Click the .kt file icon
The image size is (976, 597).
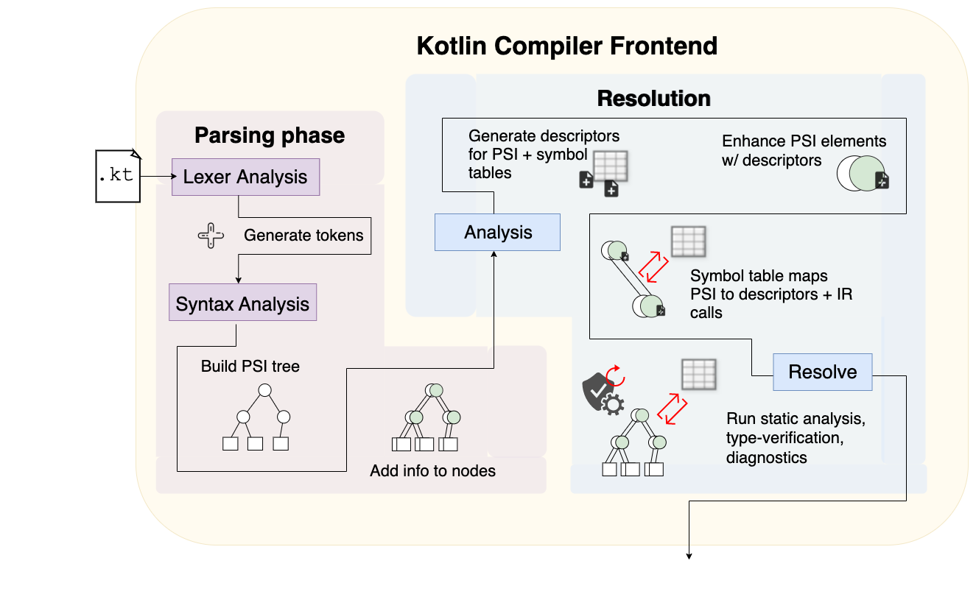118,176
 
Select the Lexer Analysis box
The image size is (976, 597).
246,177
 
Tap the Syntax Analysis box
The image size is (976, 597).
242,303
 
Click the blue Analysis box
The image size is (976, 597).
498,232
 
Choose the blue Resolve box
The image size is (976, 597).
823,372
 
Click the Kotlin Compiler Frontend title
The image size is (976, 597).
567,46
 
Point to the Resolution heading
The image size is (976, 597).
653,98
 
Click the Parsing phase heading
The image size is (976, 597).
270,135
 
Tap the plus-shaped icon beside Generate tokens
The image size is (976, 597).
211,236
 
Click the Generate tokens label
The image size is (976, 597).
303,235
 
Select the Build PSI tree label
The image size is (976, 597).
250,366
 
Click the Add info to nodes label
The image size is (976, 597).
432,470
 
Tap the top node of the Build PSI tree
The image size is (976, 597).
265,390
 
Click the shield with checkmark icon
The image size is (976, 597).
597,391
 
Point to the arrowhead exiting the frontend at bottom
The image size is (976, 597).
689,556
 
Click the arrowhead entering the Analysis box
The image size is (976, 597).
494,254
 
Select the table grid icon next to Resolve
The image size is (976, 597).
699,374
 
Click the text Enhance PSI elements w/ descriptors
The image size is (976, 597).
804,151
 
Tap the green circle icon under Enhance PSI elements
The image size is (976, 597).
863,173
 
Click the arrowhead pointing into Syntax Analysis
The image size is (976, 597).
239,280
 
